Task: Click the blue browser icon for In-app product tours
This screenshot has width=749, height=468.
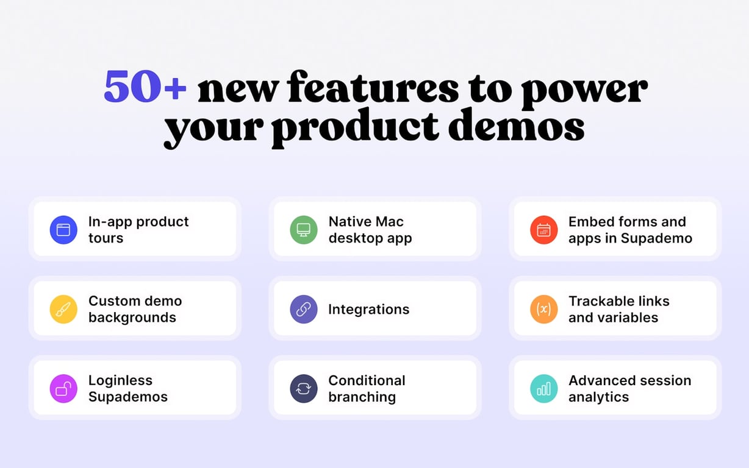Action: pyautogui.click(x=63, y=230)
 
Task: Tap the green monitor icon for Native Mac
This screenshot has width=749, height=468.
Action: pyautogui.click(x=303, y=230)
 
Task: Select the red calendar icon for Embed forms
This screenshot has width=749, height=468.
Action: pyautogui.click(x=543, y=230)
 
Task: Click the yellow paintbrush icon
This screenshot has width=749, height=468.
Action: pyautogui.click(x=63, y=309)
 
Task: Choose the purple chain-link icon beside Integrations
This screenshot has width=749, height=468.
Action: pyautogui.click(x=303, y=309)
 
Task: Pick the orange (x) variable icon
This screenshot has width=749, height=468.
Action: pyautogui.click(x=543, y=309)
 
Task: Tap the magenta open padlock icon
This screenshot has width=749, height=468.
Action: pyautogui.click(x=63, y=388)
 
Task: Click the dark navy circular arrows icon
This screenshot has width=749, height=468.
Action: pyautogui.click(x=303, y=388)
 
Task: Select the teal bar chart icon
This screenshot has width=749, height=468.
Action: pyautogui.click(x=543, y=388)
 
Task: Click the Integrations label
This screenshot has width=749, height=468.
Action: pyautogui.click(x=368, y=310)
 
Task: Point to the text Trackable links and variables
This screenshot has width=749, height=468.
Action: pyautogui.click(x=618, y=309)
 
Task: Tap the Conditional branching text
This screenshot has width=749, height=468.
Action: pyautogui.click(x=366, y=388)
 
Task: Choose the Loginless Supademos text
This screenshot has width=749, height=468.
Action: pyautogui.click(x=127, y=388)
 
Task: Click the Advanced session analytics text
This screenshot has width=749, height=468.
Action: pyautogui.click(x=629, y=388)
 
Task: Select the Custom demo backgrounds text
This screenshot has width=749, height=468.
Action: pyautogui.click(x=134, y=309)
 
